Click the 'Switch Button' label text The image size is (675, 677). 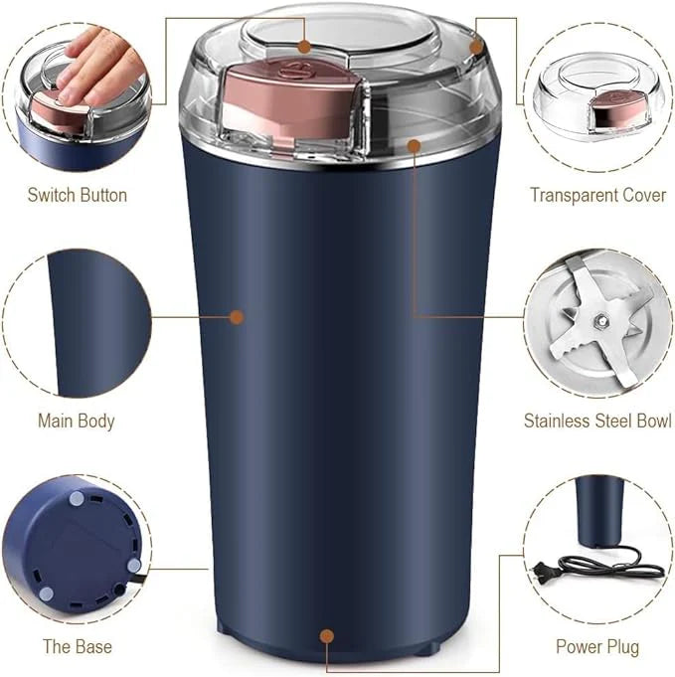(77, 195)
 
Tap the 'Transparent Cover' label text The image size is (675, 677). (597, 195)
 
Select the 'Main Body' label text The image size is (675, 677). (77, 421)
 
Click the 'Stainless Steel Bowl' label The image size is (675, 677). (597, 421)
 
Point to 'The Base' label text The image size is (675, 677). (77, 646)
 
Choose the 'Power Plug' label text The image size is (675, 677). (597, 646)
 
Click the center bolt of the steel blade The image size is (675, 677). (600, 320)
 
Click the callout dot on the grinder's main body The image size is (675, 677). (237, 317)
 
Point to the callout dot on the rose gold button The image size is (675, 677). (304, 45)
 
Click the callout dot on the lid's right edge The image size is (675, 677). (476, 46)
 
